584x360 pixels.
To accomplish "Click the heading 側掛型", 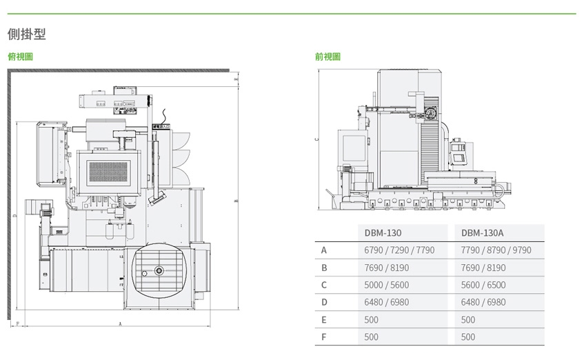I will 26,33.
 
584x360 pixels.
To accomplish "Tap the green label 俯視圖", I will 20,57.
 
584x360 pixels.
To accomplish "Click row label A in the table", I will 323,250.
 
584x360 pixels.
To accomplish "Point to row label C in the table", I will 323,285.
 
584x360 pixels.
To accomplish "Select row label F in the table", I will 323,337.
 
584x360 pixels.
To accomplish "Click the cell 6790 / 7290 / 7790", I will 399,250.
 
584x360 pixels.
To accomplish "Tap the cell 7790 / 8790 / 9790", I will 496,250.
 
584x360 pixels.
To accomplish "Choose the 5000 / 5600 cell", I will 386,285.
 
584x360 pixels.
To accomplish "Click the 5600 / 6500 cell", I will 483,285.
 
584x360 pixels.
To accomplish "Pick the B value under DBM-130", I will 386,268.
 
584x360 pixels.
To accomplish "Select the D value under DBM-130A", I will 483,302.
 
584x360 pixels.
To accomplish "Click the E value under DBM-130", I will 372,319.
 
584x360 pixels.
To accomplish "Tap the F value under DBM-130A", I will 468,337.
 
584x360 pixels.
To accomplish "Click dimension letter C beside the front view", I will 316,139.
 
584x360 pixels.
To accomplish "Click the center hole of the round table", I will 159,270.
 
